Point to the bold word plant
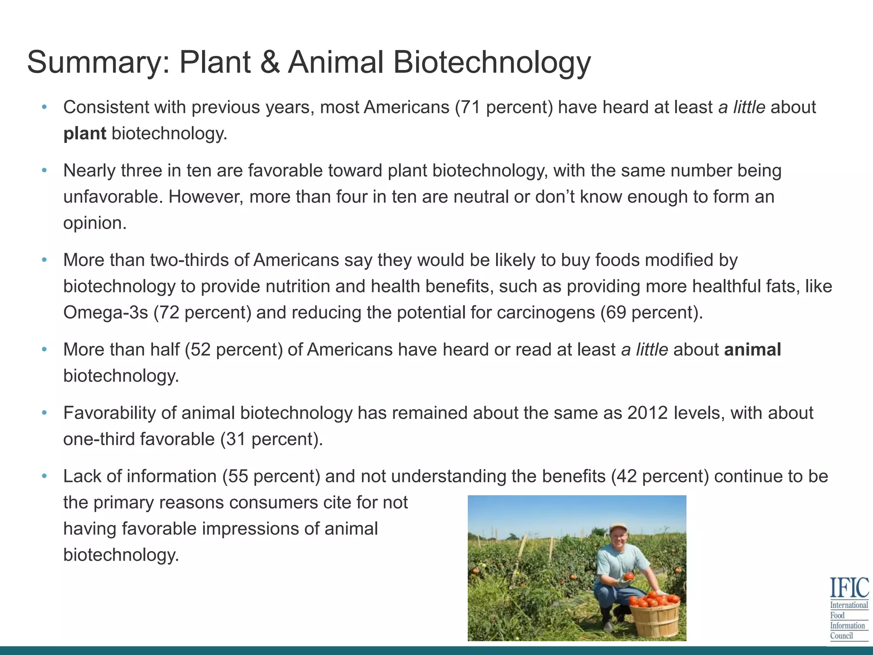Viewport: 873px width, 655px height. coord(84,134)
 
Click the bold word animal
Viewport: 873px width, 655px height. coord(752,350)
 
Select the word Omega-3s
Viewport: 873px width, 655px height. coord(106,313)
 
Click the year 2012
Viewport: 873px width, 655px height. coord(648,413)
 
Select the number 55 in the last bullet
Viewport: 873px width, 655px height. coord(238,476)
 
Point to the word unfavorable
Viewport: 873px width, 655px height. coord(113,197)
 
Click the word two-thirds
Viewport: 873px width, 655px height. coord(189,260)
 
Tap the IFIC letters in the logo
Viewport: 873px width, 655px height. coord(849,588)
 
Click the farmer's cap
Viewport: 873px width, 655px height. coord(618,527)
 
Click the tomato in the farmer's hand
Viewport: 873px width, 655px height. coord(630,577)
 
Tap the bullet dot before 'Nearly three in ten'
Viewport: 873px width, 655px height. coord(44,171)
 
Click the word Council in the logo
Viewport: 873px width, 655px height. coord(841,636)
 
